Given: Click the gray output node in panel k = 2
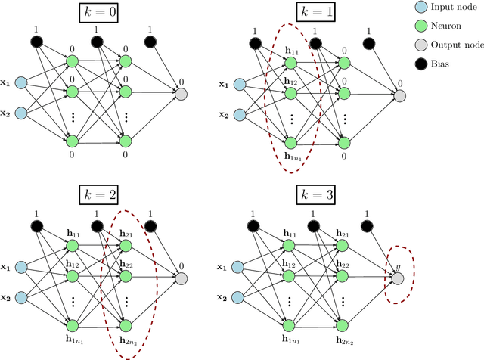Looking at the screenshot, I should pyautogui.click(x=181, y=278).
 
